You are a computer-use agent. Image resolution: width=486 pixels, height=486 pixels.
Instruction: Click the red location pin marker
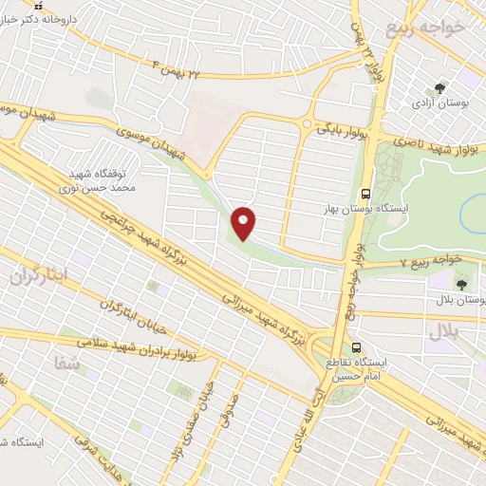click(x=245, y=222)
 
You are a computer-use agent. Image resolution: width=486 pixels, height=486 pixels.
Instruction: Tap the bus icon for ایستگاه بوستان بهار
click(x=365, y=188)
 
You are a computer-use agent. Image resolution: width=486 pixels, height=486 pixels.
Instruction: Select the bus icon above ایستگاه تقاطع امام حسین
click(x=357, y=348)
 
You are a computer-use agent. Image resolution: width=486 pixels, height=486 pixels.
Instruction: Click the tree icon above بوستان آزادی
click(x=439, y=87)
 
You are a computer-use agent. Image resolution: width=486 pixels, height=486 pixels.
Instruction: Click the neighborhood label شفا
click(x=66, y=362)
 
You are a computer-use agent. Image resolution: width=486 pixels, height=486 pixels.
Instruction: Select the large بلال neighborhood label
click(x=443, y=331)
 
